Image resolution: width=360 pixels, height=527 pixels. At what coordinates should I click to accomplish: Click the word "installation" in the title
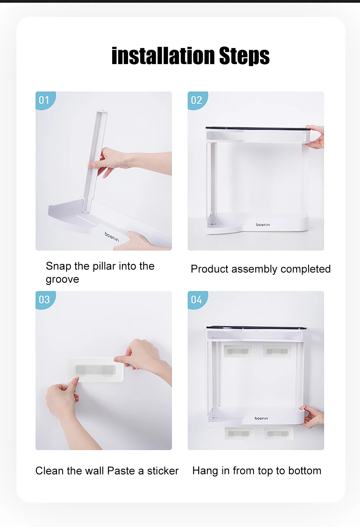pyautogui.click(x=163, y=56)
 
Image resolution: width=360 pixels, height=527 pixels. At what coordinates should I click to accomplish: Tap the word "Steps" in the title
pyautogui.click(x=244, y=56)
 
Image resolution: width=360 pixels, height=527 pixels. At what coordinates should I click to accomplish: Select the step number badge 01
pyautogui.click(x=45, y=100)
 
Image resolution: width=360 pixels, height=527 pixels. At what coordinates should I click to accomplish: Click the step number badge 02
pyautogui.click(x=197, y=100)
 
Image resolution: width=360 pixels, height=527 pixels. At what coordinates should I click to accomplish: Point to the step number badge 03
pyautogui.click(x=45, y=300)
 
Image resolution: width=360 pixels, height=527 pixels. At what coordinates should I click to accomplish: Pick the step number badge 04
pyautogui.click(x=197, y=300)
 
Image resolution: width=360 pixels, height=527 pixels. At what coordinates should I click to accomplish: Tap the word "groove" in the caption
pyautogui.click(x=63, y=280)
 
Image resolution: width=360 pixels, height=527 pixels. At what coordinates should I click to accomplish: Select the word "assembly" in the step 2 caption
pyautogui.click(x=254, y=269)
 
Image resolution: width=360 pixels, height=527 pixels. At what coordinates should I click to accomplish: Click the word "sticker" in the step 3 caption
pyautogui.click(x=163, y=471)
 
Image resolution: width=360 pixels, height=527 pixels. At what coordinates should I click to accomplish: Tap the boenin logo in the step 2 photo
pyautogui.click(x=263, y=225)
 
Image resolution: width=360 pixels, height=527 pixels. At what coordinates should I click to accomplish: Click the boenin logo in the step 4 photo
pyautogui.click(x=261, y=418)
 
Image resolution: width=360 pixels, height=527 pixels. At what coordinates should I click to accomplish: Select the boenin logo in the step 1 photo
pyautogui.click(x=112, y=237)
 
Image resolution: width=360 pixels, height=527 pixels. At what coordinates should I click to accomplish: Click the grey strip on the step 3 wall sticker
pyautogui.click(x=95, y=370)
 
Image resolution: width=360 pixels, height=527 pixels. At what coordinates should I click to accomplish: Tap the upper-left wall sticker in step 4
pyautogui.click(x=238, y=351)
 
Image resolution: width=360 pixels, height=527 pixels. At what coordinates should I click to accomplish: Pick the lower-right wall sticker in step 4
pyautogui.click(x=278, y=433)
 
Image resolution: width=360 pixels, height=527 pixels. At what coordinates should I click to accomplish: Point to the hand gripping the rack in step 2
pyautogui.click(x=315, y=136)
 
